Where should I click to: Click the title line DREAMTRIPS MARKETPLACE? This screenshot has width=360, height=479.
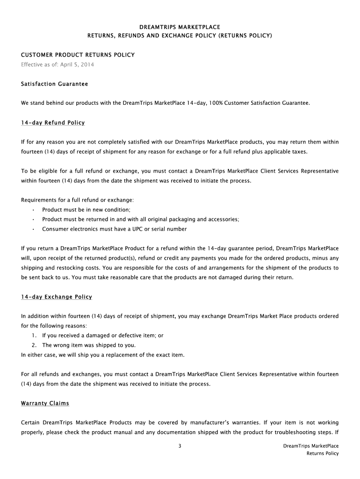pos(180,27)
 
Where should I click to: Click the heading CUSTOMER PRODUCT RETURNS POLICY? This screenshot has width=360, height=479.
pos(78,55)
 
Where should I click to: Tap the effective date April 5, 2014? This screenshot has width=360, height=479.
pos(78,64)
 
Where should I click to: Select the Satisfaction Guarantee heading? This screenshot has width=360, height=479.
pos(54,84)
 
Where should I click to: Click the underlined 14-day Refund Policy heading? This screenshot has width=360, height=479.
pos(53,123)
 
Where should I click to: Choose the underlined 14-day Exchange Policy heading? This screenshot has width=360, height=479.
pos(57,297)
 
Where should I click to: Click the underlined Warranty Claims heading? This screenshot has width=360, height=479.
pos(45,403)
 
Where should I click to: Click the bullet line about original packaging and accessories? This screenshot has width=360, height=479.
pos(140,219)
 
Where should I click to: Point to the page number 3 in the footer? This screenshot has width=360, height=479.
pos(180,446)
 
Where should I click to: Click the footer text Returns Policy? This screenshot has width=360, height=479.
pos(323,453)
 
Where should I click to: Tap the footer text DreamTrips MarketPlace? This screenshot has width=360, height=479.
pos(311,446)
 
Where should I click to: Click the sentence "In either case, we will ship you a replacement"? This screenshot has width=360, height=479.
pos(103,355)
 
